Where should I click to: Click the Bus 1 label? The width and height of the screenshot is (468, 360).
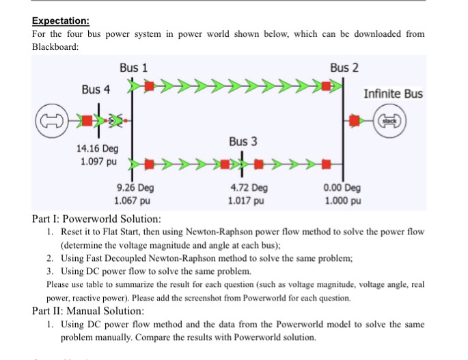(x=133, y=68)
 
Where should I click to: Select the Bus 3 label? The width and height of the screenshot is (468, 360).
(x=243, y=141)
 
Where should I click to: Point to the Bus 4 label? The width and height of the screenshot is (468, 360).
(x=95, y=89)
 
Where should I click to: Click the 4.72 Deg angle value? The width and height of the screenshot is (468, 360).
(x=249, y=188)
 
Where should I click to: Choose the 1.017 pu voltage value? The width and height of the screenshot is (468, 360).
(x=248, y=201)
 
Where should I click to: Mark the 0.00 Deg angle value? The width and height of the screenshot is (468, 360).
(x=344, y=188)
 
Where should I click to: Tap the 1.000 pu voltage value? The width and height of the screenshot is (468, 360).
(x=343, y=201)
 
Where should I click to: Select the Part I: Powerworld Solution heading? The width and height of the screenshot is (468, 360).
(x=97, y=219)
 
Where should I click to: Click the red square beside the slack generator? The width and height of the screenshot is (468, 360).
(x=355, y=120)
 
